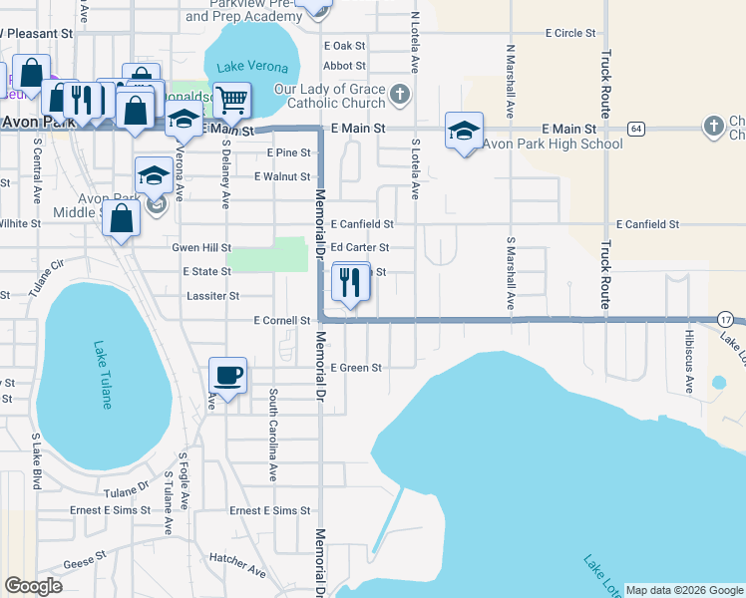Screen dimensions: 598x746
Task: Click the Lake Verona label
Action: click(x=253, y=68)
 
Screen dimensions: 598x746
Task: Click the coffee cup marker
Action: click(x=228, y=376)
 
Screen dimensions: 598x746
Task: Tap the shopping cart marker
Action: click(x=231, y=100)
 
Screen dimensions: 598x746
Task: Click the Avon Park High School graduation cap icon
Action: click(x=465, y=131)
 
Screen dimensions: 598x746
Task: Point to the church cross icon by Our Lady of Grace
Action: click(x=399, y=96)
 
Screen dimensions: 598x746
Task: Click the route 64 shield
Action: click(x=635, y=130)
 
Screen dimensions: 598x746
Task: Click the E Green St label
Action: click(x=356, y=368)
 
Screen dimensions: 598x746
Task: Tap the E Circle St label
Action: click(x=569, y=33)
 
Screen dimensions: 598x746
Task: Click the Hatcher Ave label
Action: click(x=237, y=572)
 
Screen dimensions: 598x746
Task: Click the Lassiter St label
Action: click(x=213, y=296)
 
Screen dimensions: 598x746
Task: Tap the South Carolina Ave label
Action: click(x=271, y=435)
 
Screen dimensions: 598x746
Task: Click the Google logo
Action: click(x=33, y=586)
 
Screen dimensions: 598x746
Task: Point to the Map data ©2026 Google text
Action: click(x=684, y=590)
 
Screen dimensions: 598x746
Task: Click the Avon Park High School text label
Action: click(x=553, y=145)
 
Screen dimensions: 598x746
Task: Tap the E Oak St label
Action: click(x=345, y=46)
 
